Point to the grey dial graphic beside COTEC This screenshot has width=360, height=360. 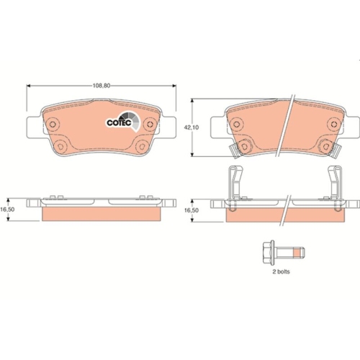click(130, 122)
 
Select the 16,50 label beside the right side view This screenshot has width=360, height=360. click(191, 211)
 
